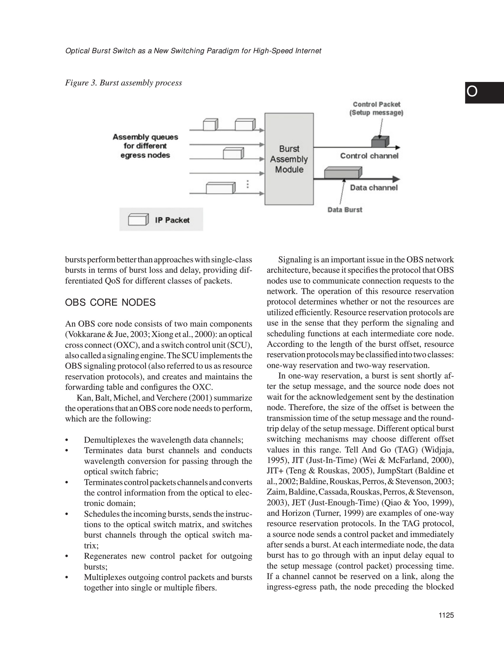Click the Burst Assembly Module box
tap(289, 159)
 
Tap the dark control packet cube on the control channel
tap(380, 142)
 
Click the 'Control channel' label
tap(369, 156)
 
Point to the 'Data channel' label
tap(374, 188)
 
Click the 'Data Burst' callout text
tap(345, 209)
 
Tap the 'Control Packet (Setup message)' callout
tap(376, 109)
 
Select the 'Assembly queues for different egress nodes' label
tap(145, 146)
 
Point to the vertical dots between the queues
tap(248, 184)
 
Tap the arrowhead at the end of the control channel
tap(398, 147)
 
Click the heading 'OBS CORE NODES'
tap(110, 302)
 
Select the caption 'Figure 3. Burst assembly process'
tap(123, 83)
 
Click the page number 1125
tap(446, 624)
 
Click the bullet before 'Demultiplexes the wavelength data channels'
tap(66, 440)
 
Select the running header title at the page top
tap(193, 51)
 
